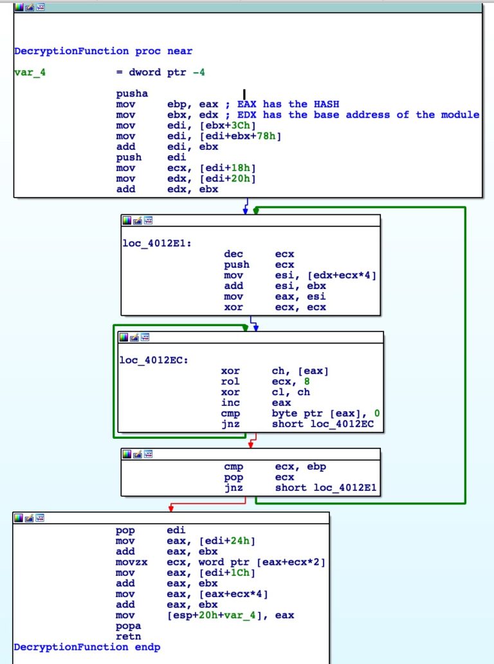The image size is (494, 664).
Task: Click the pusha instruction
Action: (132, 94)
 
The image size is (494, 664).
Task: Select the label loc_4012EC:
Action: (154, 360)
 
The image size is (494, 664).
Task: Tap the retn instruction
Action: (129, 636)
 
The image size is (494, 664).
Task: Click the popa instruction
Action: (129, 625)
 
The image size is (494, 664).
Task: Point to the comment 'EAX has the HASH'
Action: (288, 104)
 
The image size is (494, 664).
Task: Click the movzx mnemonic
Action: (132, 562)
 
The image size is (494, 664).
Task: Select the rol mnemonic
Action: (230, 382)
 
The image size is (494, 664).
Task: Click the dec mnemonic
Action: (233, 254)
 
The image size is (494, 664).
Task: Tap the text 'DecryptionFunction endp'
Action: (87, 647)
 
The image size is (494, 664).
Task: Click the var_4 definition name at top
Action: (30, 73)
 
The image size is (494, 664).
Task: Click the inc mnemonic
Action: (230, 403)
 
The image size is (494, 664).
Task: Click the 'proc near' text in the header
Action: (163, 51)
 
